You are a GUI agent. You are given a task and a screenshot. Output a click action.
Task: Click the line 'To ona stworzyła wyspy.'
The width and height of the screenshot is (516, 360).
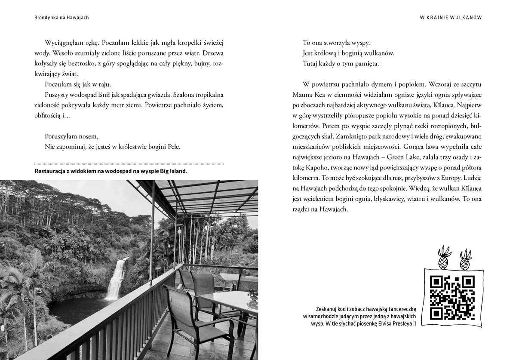[x=337, y=43]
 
